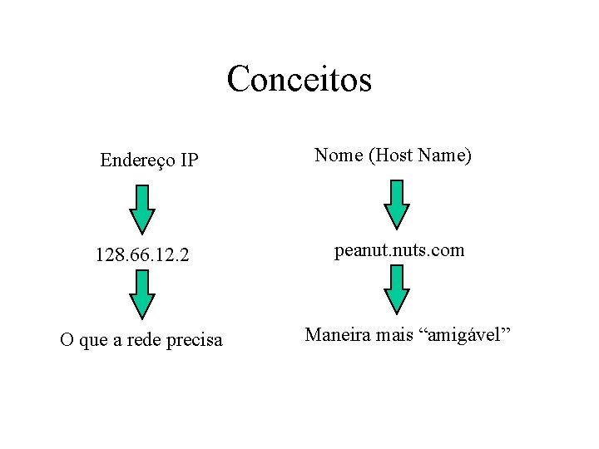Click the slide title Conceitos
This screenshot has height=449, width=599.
[299, 80]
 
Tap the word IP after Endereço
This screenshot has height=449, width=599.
[188, 160]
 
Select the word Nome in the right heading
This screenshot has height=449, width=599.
[338, 155]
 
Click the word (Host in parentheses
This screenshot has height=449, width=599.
[394, 155]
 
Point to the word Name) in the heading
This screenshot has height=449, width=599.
[448, 155]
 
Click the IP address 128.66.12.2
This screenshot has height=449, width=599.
[142, 255]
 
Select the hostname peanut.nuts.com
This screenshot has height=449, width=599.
[399, 250]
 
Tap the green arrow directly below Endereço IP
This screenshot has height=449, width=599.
[143, 209]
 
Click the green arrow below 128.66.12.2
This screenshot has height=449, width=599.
[143, 294]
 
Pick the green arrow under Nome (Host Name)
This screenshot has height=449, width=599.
[398, 204]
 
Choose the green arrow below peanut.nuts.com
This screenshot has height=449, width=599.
[398, 289]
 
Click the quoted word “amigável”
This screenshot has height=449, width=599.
[468, 336]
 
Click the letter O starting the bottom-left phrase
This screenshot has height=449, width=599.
[67, 341]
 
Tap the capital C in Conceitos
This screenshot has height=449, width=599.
[238, 80]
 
